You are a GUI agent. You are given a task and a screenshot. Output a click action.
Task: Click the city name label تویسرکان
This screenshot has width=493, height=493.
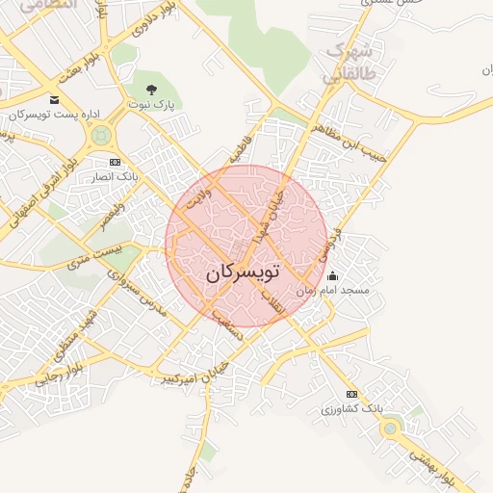[x=242, y=273]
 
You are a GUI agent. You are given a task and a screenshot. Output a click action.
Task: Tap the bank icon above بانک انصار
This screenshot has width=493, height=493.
[x=116, y=162]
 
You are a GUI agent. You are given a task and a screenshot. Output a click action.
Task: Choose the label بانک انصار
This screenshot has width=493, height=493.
[x=117, y=176]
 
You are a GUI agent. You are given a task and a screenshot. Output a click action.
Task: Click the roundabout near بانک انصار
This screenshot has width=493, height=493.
[x=99, y=139]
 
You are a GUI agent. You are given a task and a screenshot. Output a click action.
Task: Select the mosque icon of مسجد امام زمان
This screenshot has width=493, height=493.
[x=332, y=276]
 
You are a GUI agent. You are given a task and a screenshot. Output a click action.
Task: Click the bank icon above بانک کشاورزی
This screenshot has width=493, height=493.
[x=351, y=395]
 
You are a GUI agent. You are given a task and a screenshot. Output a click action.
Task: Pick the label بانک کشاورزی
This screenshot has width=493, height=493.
[x=351, y=409]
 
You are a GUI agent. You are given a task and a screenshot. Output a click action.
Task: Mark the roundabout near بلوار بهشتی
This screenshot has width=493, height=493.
[x=391, y=428]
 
